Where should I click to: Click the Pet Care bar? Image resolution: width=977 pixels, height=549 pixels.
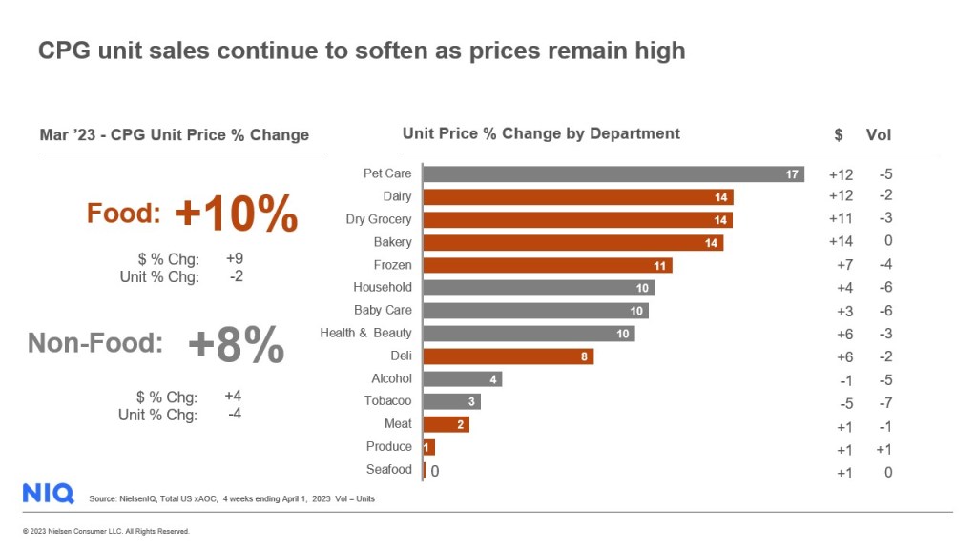click(x=613, y=174)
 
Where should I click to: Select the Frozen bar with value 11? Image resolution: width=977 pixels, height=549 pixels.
click(x=548, y=265)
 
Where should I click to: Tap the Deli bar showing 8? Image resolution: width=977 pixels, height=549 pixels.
click(x=508, y=356)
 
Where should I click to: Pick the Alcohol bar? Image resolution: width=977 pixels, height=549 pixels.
click(x=462, y=378)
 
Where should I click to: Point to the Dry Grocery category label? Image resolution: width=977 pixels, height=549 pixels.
click(x=379, y=219)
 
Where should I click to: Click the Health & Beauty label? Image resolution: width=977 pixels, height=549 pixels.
click(x=365, y=333)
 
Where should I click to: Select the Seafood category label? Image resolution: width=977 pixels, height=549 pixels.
click(x=389, y=469)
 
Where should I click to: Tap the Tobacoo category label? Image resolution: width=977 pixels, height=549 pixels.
click(x=388, y=401)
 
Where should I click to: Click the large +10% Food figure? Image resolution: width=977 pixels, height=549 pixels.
click(x=236, y=213)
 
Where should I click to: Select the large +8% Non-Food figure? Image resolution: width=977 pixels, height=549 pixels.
click(x=236, y=344)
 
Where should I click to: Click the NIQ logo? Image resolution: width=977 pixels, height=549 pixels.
click(x=48, y=493)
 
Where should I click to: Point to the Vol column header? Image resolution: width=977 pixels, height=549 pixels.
click(x=878, y=134)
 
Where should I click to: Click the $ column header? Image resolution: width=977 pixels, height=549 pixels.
click(x=838, y=134)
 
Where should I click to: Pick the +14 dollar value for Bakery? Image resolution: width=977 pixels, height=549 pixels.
click(x=840, y=241)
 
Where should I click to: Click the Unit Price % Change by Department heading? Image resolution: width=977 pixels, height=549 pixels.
click(x=541, y=133)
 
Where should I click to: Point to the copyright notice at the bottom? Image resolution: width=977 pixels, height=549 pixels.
click(x=106, y=531)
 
